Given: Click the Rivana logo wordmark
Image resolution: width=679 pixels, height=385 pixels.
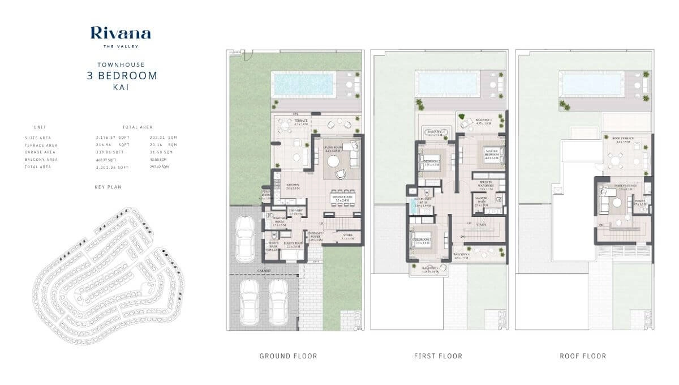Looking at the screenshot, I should point(121,33).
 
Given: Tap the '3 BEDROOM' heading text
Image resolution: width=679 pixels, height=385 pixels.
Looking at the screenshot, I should point(122,75).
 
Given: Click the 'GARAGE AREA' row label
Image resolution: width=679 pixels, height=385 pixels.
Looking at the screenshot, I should point(40,152).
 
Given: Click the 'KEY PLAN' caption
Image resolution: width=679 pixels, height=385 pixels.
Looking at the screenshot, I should point(109,186).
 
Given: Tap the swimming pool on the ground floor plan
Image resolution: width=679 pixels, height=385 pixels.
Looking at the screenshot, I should point(303,84).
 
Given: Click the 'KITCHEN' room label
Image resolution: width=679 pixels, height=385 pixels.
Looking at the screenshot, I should point(293,186).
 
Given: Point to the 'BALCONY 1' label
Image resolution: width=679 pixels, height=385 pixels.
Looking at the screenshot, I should point(483,121).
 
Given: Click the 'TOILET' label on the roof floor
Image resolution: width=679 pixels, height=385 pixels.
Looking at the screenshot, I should point(641,200).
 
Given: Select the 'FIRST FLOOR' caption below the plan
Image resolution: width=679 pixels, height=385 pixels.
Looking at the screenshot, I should point(438,356).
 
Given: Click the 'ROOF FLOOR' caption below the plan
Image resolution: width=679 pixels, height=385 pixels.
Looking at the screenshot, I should point(583,356).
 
